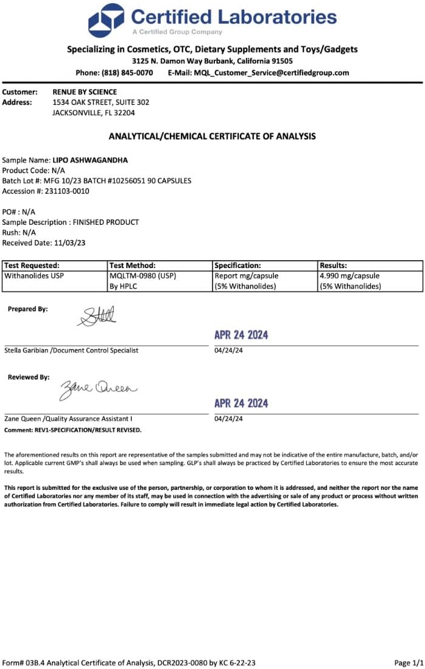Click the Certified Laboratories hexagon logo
107,20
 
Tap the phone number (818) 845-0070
131,73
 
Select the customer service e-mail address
272,73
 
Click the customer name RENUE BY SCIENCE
85,92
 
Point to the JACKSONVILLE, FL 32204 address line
94,113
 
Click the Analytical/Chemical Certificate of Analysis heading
212,136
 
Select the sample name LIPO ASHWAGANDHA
90,160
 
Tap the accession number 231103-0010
64,191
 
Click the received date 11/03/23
69,242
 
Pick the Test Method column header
133,266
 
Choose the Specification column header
238,266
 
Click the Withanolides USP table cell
34,276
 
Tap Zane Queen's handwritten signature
97,388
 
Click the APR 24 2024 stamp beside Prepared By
241,335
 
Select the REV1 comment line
73,430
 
